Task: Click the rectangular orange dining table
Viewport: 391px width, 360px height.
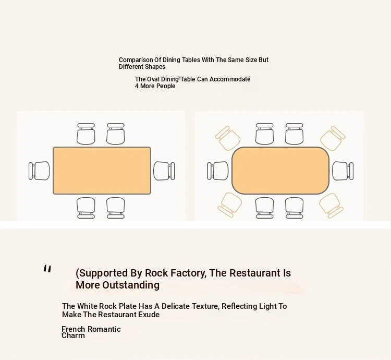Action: [x=102, y=171]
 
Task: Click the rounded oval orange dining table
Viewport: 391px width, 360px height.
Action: [x=280, y=171]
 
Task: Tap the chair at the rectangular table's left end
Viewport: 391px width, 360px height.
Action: [x=39, y=171]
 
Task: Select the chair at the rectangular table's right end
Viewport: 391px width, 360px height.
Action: [x=164, y=171]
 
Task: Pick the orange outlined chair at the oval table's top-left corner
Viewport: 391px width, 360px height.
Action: [x=228, y=138]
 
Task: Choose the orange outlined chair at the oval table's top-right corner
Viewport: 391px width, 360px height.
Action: [x=333, y=138]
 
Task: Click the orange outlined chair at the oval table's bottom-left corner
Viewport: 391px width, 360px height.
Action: [x=230, y=205]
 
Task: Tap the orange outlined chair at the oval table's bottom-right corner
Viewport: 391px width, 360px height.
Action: [x=331, y=206]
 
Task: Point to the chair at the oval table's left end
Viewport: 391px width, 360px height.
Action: [x=218, y=171]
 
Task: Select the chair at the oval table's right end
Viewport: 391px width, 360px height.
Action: [x=343, y=171]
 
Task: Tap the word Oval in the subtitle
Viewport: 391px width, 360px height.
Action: [x=153, y=79]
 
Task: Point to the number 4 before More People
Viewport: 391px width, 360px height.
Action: [x=137, y=86]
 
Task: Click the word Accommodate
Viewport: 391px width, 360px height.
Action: [x=230, y=79]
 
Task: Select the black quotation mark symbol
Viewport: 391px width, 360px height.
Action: [x=47, y=269]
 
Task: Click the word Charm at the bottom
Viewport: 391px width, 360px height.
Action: [x=73, y=335]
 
